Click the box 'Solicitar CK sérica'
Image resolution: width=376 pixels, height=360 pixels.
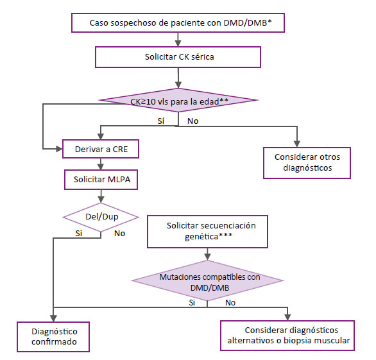tap(178, 57)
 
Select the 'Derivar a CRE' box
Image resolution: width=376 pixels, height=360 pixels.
tap(101, 149)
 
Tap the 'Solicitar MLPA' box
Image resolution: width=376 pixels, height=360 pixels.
tap(101, 180)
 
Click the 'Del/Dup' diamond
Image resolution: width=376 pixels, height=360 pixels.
tap(101, 218)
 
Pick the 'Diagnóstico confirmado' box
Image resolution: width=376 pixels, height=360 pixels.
tap(53, 337)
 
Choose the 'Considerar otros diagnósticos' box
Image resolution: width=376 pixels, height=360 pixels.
tap(307, 163)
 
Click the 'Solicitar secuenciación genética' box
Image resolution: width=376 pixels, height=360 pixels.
tap(207, 232)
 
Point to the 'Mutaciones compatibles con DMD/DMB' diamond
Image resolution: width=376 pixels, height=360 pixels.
tap(208, 280)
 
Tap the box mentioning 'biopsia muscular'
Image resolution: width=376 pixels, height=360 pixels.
tap(287, 336)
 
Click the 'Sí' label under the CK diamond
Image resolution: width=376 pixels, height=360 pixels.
tap(161, 121)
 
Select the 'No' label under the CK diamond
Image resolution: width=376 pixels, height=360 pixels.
tap(192, 121)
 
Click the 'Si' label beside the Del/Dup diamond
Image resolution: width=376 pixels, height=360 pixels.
tap(79, 233)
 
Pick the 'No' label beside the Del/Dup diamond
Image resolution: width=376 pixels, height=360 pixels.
tap(119, 234)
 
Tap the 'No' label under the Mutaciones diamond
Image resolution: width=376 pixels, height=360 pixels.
tap(230, 303)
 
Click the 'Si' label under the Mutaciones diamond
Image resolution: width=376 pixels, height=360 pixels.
tap(192, 303)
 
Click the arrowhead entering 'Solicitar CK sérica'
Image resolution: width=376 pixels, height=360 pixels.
tap(178, 43)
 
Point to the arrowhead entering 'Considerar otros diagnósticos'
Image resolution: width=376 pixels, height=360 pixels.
tap(297, 144)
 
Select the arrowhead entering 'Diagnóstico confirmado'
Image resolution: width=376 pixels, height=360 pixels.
tap(53, 318)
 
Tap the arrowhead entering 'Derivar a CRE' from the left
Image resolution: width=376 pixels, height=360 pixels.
tap(59, 149)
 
